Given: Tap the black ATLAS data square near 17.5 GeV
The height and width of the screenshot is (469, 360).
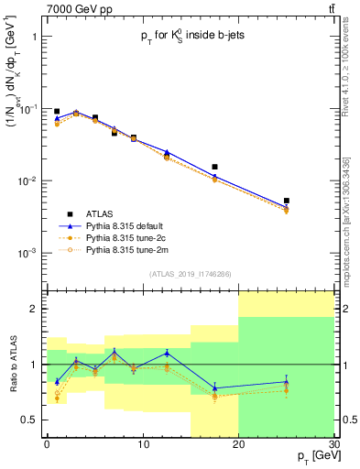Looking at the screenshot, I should tap(214, 167).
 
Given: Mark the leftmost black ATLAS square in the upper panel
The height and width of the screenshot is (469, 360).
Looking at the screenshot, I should tap(57, 111).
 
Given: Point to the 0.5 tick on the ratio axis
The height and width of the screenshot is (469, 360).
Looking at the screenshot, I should tap(34, 420).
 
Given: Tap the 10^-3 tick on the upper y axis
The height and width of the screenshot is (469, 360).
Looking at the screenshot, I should tap(29, 252).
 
